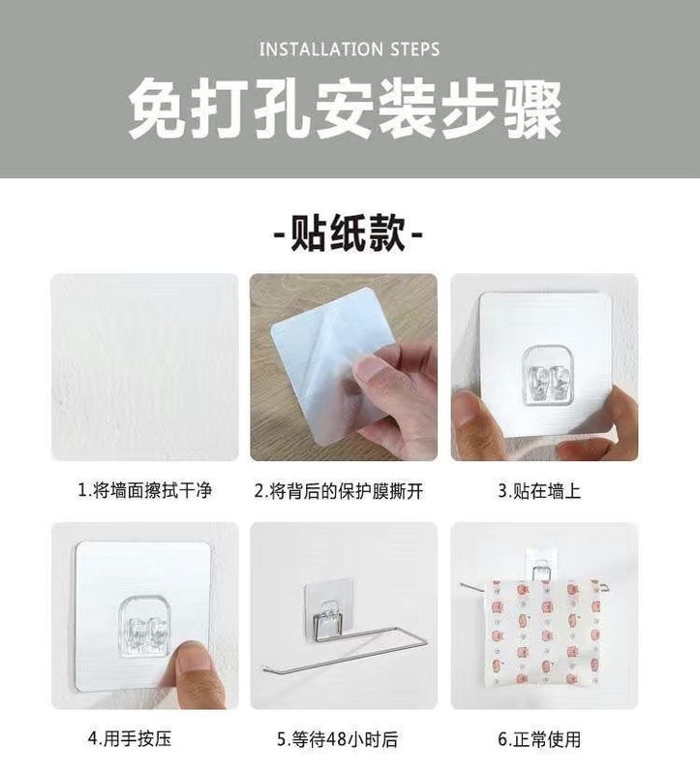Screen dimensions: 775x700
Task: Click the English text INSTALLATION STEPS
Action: point(350,48)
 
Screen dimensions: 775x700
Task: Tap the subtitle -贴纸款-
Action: point(349,233)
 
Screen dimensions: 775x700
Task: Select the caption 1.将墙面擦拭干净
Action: point(144,491)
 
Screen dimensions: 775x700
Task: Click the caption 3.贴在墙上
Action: point(539,491)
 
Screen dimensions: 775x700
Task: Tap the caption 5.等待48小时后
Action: point(337,740)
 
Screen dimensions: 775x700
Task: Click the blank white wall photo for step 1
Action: point(144,367)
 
